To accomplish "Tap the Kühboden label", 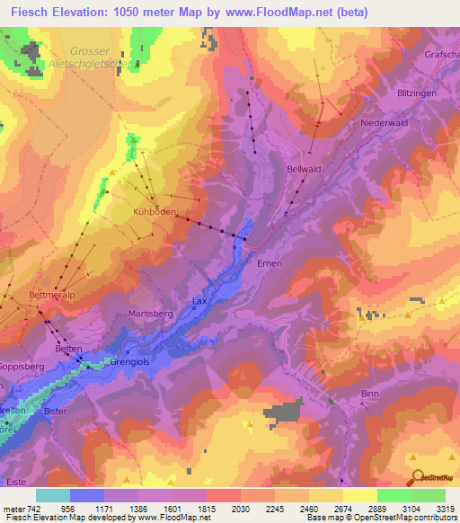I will [x=151, y=212].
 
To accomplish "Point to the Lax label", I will [x=200, y=301].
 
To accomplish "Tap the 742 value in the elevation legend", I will [x=21, y=508].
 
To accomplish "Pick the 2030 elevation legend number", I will [x=220, y=508].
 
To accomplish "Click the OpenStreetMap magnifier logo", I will [x=419, y=479].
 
